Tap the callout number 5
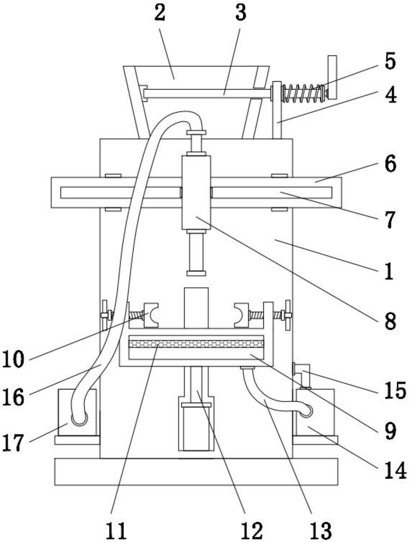(390, 61)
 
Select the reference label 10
(13, 360)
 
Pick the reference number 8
(390, 322)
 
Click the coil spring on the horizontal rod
(303, 93)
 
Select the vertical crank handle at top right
(332, 77)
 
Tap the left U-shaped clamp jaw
(151, 315)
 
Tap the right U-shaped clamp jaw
(242, 315)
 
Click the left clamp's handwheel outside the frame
(105, 315)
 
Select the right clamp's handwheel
(288, 315)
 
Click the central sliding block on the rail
(196, 193)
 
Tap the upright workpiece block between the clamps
(196, 308)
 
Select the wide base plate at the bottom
(196, 472)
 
